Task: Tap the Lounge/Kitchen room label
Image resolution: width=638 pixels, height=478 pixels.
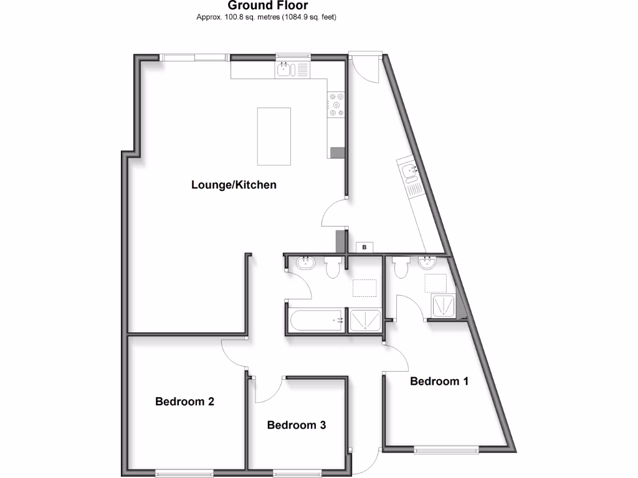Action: pos(234,185)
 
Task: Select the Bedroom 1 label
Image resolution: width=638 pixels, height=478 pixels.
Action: pos(439,381)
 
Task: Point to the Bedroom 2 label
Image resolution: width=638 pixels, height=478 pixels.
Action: pos(184,401)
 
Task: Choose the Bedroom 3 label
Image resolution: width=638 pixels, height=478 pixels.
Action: pos(297,425)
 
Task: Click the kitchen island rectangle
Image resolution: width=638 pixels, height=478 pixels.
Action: pos(274,136)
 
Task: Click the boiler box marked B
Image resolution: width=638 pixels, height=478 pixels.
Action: pos(364,248)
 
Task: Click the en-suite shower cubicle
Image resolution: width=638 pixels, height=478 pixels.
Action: pos(444,306)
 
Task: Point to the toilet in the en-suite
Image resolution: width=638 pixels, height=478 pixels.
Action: pos(400,267)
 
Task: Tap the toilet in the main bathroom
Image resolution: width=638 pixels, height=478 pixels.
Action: pos(332,267)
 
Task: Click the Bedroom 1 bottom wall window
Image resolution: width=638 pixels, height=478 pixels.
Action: pos(446,449)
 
